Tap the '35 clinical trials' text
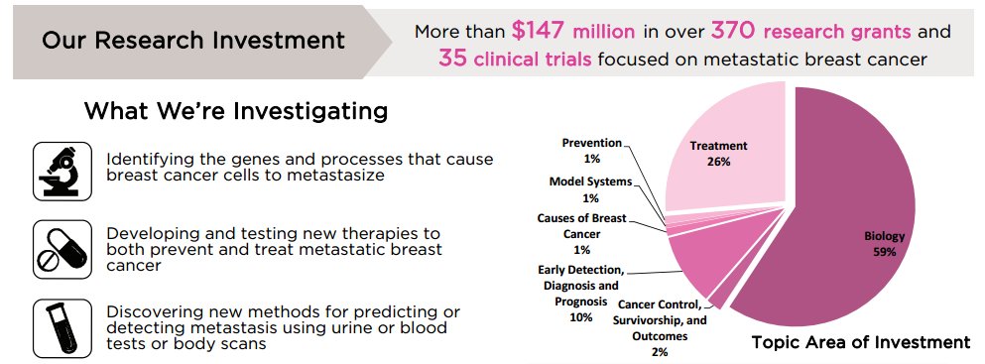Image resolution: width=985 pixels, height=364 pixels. coord(515,59)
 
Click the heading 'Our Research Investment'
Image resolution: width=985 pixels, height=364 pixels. coord(192,42)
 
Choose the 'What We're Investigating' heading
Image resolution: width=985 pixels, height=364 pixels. coord(235,109)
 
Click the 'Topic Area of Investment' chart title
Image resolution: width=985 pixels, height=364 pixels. coord(860,343)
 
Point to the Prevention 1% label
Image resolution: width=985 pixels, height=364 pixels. coord(591,150)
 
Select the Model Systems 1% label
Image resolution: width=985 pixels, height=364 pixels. coord(590,189)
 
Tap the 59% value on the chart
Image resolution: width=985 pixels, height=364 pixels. coord(884,253)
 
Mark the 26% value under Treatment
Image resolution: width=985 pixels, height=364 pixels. coord(717,162)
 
